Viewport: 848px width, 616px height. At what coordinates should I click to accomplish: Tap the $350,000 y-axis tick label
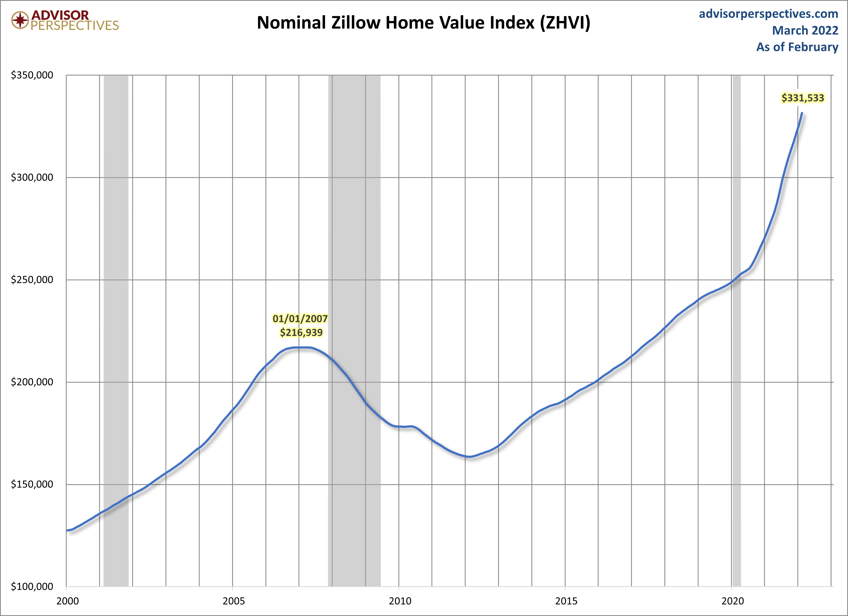[x=32, y=75]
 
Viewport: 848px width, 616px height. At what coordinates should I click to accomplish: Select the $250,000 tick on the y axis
[x=32, y=280]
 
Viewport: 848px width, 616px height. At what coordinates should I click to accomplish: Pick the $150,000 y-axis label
[x=32, y=484]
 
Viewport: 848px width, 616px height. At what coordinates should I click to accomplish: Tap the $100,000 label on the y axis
[x=32, y=586]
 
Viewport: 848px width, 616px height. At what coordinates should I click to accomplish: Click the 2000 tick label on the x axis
[x=67, y=601]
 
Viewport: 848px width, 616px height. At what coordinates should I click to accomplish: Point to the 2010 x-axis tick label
[x=400, y=601]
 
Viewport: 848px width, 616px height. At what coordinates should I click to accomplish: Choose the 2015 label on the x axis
[x=566, y=601]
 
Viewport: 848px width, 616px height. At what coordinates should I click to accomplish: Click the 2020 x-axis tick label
[x=732, y=601]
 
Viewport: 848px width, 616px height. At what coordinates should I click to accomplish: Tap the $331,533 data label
[x=803, y=98]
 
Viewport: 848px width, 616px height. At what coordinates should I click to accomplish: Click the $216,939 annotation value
[x=301, y=332]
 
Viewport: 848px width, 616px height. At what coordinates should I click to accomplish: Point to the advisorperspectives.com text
[x=768, y=14]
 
